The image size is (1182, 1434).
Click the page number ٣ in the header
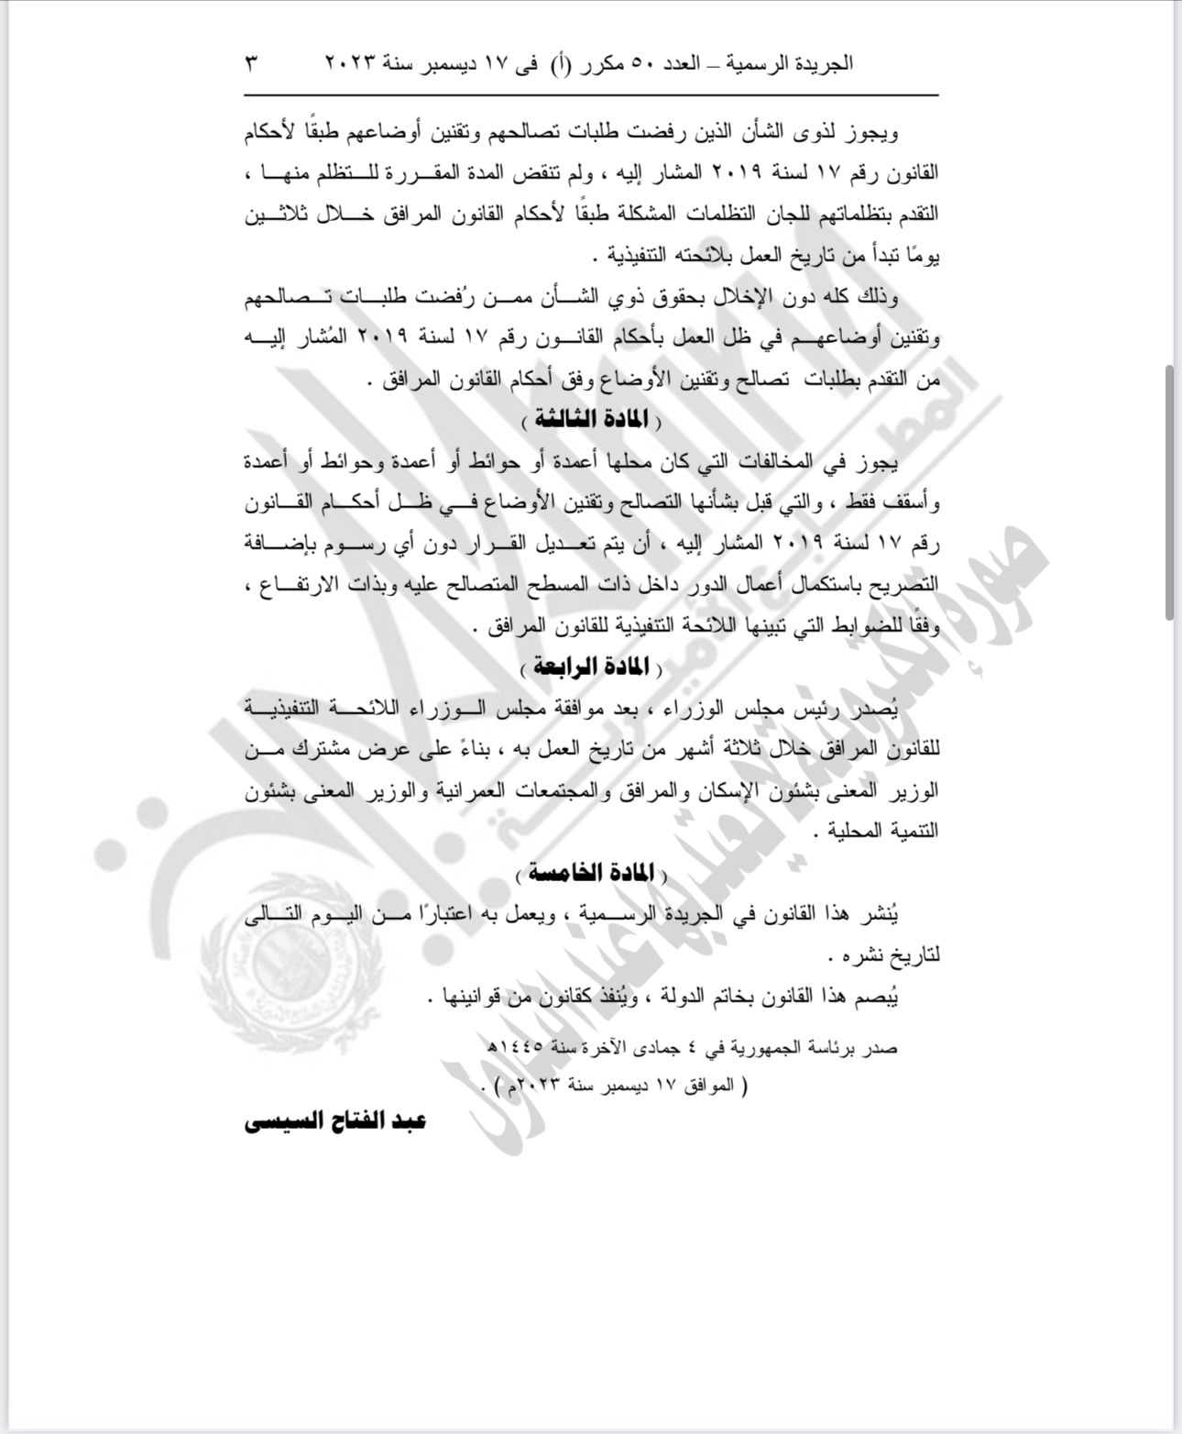coord(252,64)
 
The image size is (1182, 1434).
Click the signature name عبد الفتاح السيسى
coord(335,1121)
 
